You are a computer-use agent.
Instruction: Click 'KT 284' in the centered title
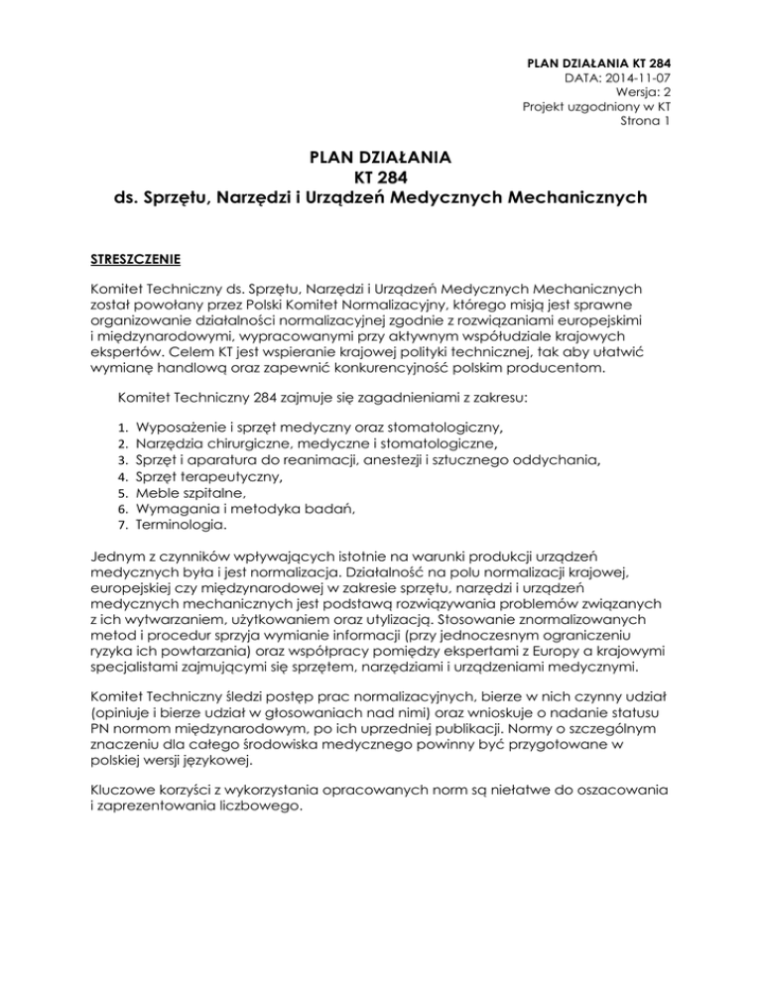pos(380,178)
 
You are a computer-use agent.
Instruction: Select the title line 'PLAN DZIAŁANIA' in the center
pos(380,158)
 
